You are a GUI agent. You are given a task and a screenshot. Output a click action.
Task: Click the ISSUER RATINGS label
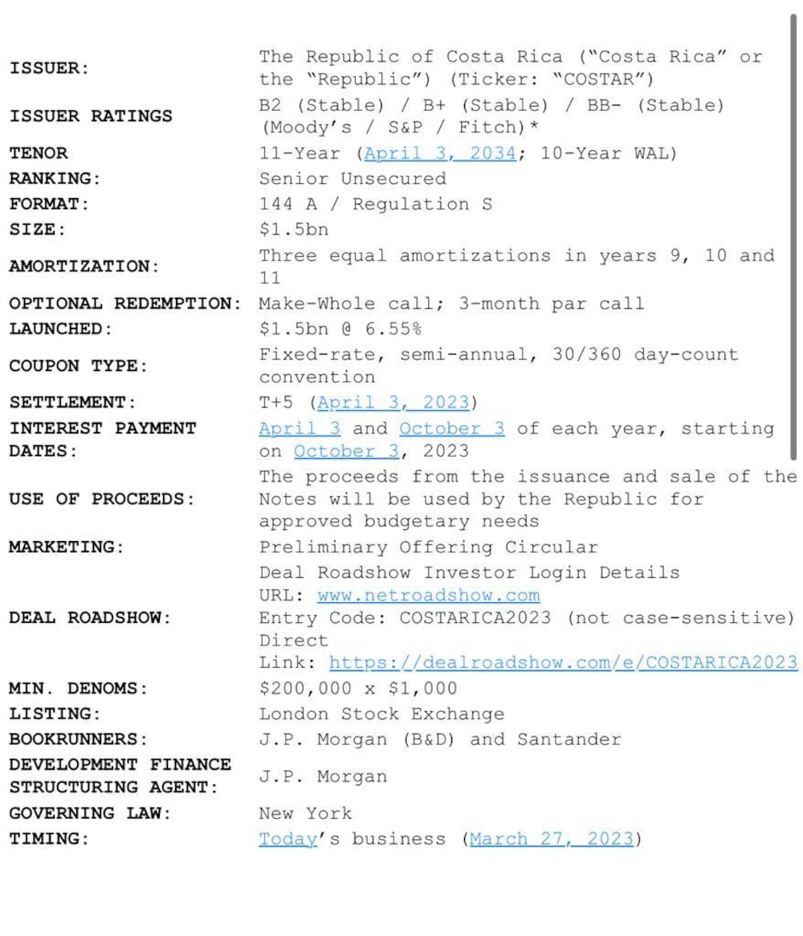[91, 116]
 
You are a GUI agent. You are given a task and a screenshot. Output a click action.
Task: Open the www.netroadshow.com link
[429, 596]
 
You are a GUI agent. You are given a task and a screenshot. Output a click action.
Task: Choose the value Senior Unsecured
[353, 179]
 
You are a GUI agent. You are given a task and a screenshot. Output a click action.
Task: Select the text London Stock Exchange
[381, 714]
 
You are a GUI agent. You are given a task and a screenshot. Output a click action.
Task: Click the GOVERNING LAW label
[90, 814]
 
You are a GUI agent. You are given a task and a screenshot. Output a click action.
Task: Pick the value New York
[305, 814]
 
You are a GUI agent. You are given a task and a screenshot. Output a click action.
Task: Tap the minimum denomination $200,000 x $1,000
[358, 689]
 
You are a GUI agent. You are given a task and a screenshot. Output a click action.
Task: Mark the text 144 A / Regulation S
[375, 205]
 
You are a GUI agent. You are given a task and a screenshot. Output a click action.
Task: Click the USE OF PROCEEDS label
[102, 499]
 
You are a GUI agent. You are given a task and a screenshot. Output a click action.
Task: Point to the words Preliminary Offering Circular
[428, 547]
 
